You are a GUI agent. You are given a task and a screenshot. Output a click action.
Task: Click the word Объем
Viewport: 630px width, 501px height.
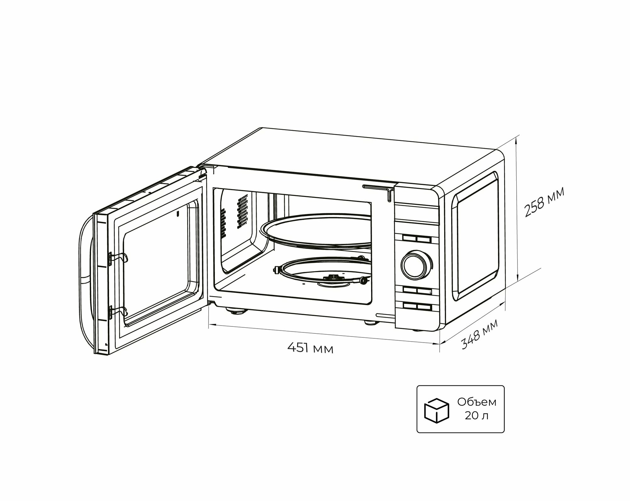click(x=477, y=402)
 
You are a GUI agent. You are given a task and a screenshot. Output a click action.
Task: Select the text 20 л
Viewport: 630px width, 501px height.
click(x=477, y=416)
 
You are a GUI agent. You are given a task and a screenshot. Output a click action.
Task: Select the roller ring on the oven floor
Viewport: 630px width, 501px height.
click(x=318, y=271)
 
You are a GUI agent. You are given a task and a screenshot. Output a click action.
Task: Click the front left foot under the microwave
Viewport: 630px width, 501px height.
click(x=236, y=313)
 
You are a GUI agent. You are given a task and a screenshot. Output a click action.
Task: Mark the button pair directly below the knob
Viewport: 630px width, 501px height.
click(x=415, y=290)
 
